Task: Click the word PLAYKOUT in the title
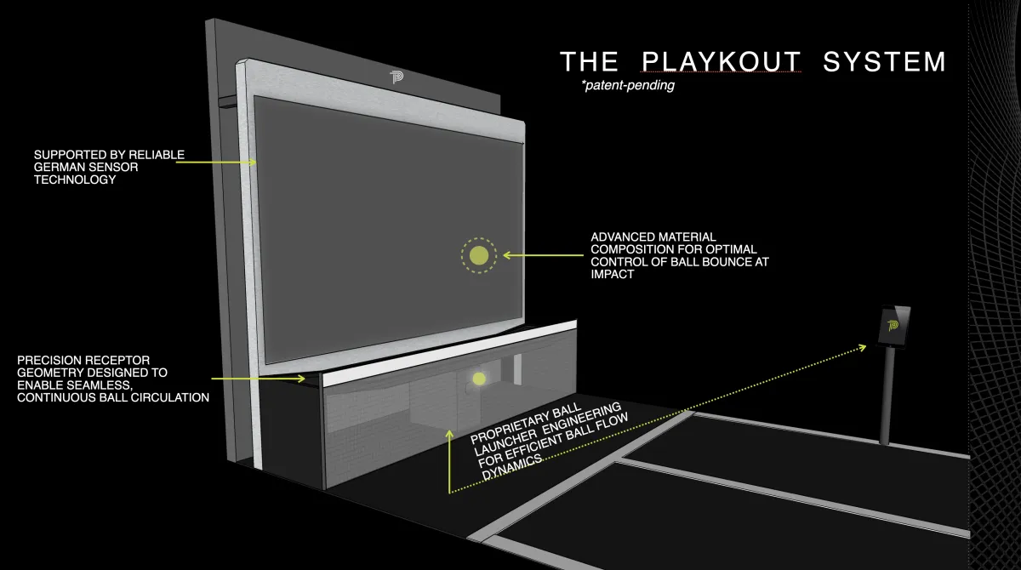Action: pos(721,62)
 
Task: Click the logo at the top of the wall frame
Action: pos(396,77)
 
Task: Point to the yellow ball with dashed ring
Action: pos(479,254)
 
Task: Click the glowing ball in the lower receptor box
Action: pos(479,379)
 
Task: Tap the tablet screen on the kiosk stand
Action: pos(894,325)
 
